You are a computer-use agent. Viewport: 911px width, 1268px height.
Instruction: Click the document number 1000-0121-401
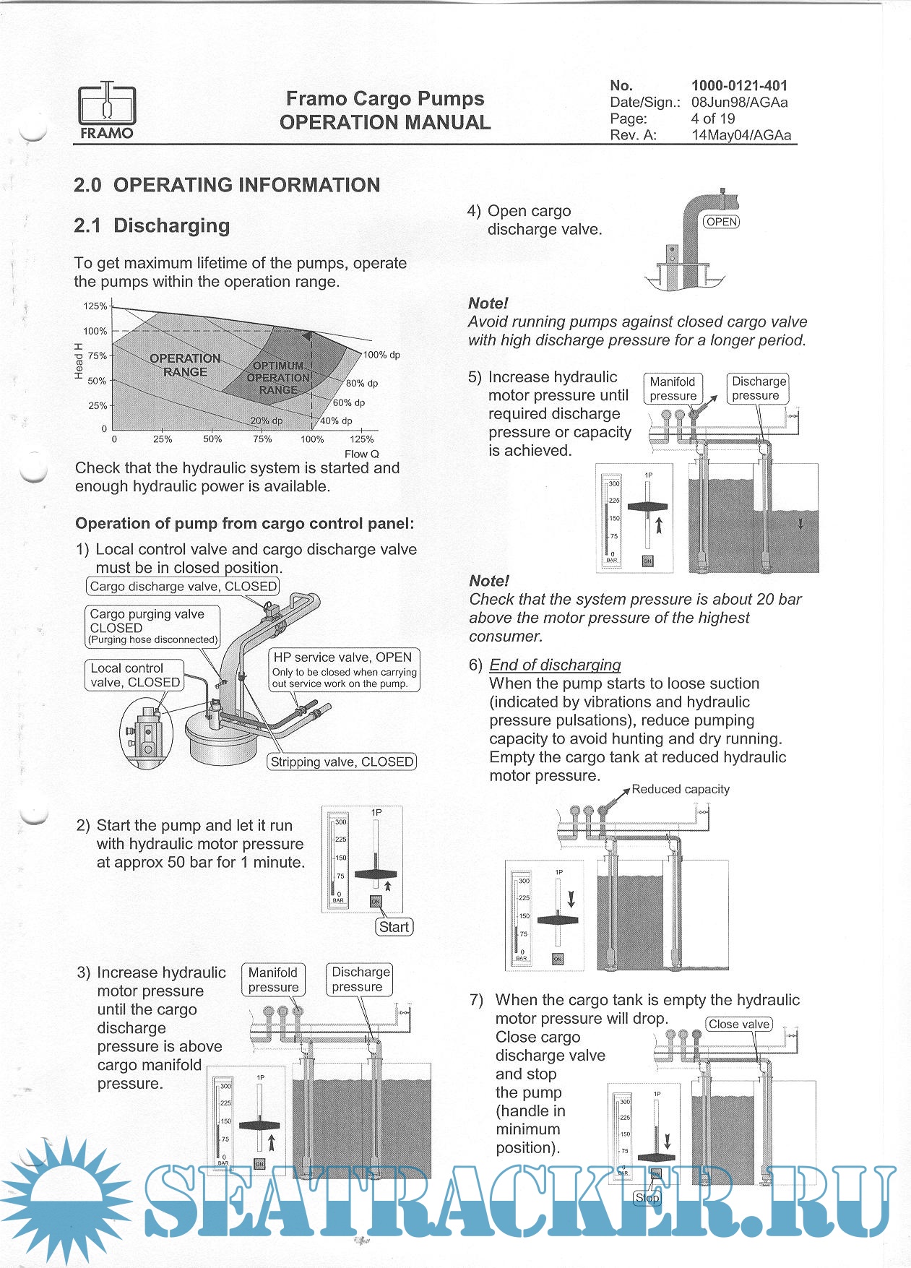click(x=739, y=85)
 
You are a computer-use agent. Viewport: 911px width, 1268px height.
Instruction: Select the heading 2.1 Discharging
click(x=152, y=225)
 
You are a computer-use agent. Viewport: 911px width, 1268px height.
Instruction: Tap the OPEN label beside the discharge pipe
click(x=722, y=222)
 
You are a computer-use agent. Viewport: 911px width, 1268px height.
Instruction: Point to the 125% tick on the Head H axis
click(x=95, y=306)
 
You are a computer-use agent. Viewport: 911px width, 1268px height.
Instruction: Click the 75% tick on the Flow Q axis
click(x=262, y=439)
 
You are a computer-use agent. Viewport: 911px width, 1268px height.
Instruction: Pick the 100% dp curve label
click(x=381, y=355)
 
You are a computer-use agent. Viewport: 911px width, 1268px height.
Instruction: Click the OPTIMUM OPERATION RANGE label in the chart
click(x=278, y=377)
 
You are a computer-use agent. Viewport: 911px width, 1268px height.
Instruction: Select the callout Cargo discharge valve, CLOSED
click(x=183, y=586)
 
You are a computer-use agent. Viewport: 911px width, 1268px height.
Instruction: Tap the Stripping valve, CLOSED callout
click(x=342, y=762)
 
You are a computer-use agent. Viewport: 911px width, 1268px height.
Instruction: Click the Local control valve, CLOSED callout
click(x=135, y=675)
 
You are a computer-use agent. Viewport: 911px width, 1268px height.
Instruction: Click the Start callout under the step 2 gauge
click(x=394, y=927)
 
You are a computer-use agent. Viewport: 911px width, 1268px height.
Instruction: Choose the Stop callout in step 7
click(x=647, y=1198)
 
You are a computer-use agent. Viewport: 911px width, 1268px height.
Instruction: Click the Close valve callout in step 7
click(x=738, y=1024)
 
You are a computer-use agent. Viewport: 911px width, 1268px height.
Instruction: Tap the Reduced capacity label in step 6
click(x=680, y=789)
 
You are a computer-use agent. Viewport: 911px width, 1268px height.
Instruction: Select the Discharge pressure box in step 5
click(x=758, y=388)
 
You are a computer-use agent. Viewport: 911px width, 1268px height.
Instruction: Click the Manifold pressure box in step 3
click(x=273, y=980)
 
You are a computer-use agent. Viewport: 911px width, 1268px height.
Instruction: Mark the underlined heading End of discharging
click(x=555, y=665)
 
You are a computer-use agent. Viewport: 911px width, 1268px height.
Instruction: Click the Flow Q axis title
click(x=361, y=454)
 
